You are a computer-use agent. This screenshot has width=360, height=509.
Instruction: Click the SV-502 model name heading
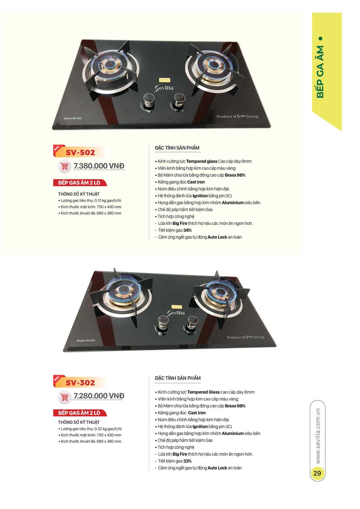click(x=80, y=152)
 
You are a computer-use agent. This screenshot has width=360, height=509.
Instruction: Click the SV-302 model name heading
click(x=80, y=383)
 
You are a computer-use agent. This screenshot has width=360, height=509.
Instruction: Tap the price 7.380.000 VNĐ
click(x=99, y=166)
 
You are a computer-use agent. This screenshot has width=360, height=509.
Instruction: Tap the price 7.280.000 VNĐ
click(x=99, y=396)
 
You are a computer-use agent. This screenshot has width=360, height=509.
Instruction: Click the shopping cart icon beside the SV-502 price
click(x=65, y=166)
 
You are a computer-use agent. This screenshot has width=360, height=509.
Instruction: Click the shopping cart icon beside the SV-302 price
click(x=65, y=397)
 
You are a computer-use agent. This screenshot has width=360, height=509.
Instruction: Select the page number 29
click(x=317, y=473)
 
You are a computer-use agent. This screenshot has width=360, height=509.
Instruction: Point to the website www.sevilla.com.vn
click(x=318, y=436)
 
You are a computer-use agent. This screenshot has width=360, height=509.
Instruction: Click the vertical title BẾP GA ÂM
click(x=320, y=72)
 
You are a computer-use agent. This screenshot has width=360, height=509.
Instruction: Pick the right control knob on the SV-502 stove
click(x=179, y=100)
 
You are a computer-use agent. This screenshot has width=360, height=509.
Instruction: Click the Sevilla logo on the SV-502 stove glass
click(x=164, y=88)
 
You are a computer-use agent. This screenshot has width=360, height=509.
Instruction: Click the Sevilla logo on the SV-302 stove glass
click(x=176, y=313)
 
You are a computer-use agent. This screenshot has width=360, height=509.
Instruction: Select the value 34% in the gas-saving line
click(x=187, y=230)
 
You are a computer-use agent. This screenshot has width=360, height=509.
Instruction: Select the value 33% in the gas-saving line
click(x=187, y=461)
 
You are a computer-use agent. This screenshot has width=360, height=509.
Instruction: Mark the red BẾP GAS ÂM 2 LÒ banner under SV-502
click(x=79, y=183)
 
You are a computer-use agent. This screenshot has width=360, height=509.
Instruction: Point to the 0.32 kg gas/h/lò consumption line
click(x=91, y=429)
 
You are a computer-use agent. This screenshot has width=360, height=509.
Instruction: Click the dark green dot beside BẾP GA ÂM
click(x=320, y=38)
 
